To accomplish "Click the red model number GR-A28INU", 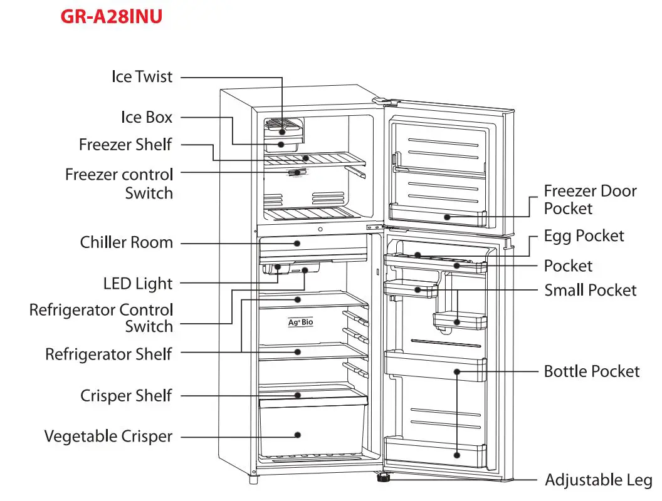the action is pyautogui.click(x=112, y=16).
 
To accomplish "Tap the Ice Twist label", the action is pyautogui.click(x=142, y=77).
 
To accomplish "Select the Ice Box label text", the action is pyautogui.click(x=147, y=117).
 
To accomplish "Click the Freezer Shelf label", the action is pyautogui.click(x=125, y=145).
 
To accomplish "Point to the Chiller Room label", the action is pyautogui.click(x=126, y=242).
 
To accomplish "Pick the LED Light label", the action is pyautogui.click(x=138, y=284).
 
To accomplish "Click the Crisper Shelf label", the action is pyautogui.click(x=126, y=396).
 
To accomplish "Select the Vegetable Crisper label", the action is pyautogui.click(x=108, y=436).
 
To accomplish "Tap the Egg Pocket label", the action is pyautogui.click(x=584, y=236).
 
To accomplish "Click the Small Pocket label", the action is pyautogui.click(x=591, y=290).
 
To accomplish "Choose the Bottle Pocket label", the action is pyautogui.click(x=592, y=371).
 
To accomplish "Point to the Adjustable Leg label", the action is pyautogui.click(x=598, y=480).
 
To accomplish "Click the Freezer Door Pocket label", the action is pyautogui.click(x=590, y=200).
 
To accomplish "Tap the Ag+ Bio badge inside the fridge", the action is pyautogui.click(x=301, y=322).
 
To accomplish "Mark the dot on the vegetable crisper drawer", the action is pyautogui.click(x=298, y=435).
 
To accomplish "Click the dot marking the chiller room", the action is pyautogui.click(x=297, y=244).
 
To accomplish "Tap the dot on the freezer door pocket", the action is pyautogui.click(x=447, y=217).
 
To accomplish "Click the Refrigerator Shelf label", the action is pyautogui.click(x=108, y=354).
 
